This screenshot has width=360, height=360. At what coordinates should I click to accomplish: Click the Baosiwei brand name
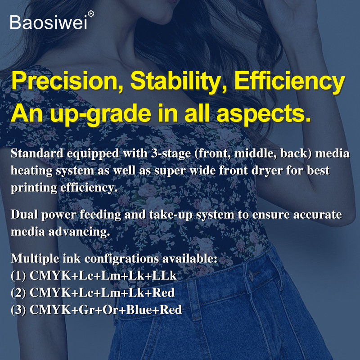[x=49, y=22]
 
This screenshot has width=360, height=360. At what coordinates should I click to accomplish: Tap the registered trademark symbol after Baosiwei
[x=91, y=14]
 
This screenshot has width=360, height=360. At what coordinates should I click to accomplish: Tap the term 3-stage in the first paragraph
[x=171, y=154]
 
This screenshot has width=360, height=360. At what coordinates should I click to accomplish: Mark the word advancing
[x=79, y=232]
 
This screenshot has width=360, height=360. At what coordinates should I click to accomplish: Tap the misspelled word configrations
[x=121, y=259]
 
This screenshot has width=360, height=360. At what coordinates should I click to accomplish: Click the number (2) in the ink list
[x=18, y=293]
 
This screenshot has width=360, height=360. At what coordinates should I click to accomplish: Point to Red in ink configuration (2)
[x=163, y=293]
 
